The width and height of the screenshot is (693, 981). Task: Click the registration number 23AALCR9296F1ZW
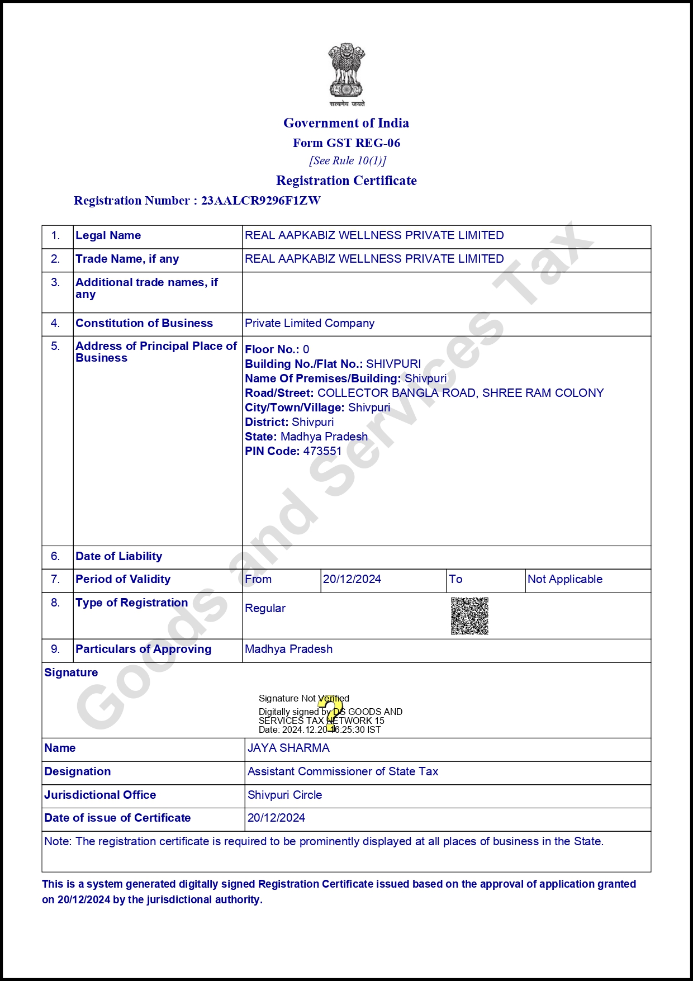(260, 201)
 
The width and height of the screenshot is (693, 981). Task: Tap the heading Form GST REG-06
(346, 143)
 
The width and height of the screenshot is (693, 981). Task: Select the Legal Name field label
(108, 235)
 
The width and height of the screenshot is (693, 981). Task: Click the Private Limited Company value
(310, 323)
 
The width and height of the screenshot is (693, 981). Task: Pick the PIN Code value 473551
(322, 451)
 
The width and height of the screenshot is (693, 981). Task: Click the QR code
(469, 616)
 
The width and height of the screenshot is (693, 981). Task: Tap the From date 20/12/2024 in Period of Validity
(352, 579)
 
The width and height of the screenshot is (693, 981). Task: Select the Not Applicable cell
(565, 579)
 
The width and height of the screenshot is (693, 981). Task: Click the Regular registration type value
(265, 608)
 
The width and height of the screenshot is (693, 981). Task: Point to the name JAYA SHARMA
(288, 748)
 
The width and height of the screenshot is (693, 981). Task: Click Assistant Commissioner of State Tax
(343, 771)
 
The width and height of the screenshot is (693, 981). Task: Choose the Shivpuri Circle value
(284, 795)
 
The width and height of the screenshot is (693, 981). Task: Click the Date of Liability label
(118, 556)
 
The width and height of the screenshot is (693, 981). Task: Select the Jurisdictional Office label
(100, 795)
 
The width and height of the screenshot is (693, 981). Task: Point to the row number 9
(55, 649)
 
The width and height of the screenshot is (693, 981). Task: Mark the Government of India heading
(346, 123)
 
